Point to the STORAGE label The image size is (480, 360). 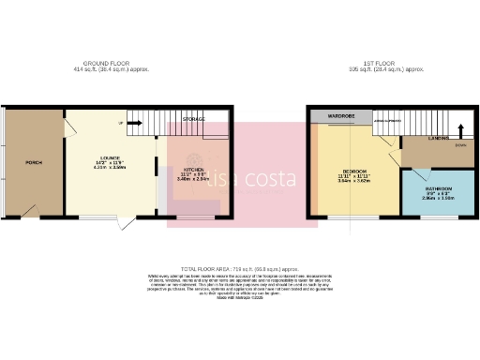[x=194, y=119]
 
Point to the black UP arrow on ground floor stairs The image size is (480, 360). [x=122, y=123]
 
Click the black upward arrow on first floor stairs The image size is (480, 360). [x=461, y=127]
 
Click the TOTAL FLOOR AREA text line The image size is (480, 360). [x=239, y=268]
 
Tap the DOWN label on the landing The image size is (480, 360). [x=459, y=145]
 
